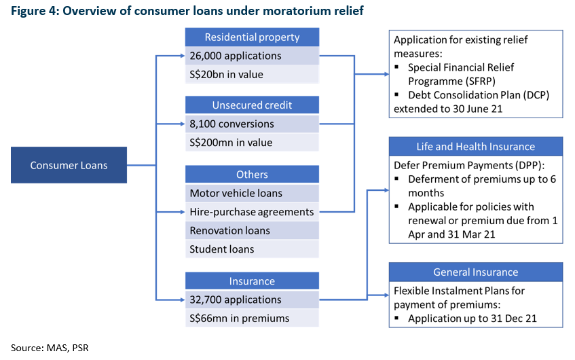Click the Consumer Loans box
click(x=69, y=165)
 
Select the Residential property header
click(x=252, y=37)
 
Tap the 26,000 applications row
click(x=252, y=56)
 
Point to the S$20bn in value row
click(x=252, y=75)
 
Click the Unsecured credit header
click(x=252, y=105)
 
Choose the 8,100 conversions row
click(x=252, y=124)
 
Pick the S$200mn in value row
click(x=252, y=143)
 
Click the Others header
click(x=252, y=175)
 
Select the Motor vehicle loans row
click(x=252, y=193)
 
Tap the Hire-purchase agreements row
click(x=252, y=212)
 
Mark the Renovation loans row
click(x=252, y=230)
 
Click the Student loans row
click(x=252, y=249)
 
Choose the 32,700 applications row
click(x=252, y=300)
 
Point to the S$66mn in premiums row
click(x=252, y=318)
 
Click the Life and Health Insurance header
click(x=476, y=147)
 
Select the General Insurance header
click(x=476, y=272)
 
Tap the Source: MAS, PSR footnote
click(x=50, y=348)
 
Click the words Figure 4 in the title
click(x=34, y=11)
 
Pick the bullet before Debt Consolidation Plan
click(x=396, y=94)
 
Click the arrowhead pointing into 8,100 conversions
click(x=182, y=124)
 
